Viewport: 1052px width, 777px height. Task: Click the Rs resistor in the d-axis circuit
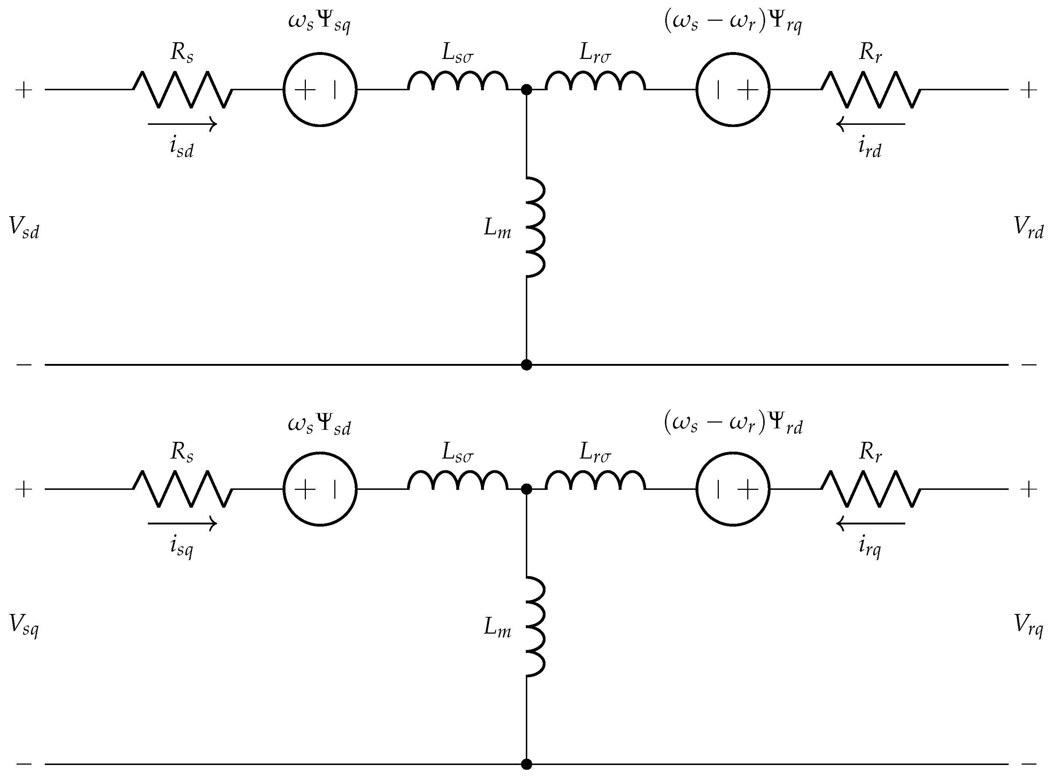(x=182, y=90)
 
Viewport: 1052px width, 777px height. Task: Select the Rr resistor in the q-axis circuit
(x=870, y=489)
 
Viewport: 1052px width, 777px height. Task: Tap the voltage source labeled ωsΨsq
(x=320, y=90)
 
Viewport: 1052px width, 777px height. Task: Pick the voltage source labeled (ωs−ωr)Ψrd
(x=733, y=489)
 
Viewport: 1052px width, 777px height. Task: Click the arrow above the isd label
(x=182, y=124)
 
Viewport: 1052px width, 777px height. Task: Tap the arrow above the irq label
(x=870, y=523)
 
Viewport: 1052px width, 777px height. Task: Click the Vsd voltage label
(x=24, y=228)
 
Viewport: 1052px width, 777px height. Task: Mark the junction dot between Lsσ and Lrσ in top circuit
(x=527, y=90)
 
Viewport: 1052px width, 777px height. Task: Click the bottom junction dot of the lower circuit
(x=527, y=764)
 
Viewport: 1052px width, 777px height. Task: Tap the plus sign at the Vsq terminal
(x=24, y=489)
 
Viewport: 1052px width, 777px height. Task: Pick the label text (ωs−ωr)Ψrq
(x=733, y=23)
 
